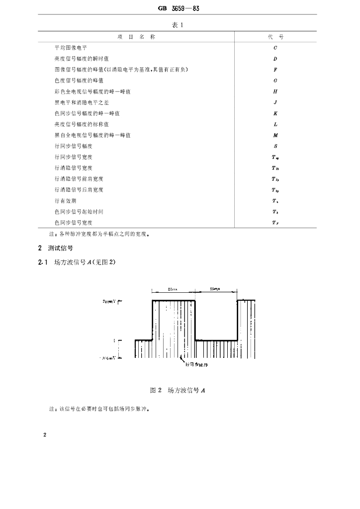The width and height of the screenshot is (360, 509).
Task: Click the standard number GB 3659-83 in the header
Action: click(x=179, y=8)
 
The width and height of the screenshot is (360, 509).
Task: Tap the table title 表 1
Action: click(x=179, y=25)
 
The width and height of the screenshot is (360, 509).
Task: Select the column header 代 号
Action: click(x=275, y=37)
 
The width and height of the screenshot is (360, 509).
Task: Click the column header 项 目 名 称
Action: click(x=136, y=37)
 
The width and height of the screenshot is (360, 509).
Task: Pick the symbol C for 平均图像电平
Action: click(x=275, y=48)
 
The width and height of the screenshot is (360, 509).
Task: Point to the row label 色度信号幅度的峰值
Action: click(x=79, y=81)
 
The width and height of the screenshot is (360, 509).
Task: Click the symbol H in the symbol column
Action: click(x=275, y=91)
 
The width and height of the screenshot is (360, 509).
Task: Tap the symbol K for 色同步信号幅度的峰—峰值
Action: click(x=275, y=113)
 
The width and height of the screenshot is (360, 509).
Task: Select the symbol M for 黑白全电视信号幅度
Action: click(x=275, y=135)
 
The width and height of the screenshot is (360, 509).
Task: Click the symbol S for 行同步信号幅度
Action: click(x=275, y=146)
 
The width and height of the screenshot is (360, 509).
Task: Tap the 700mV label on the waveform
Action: click(x=110, y=301)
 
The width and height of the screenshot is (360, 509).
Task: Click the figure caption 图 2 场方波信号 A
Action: click(x=178, y=391)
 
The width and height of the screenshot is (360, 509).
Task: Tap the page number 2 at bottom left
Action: click(x=45, y=435)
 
